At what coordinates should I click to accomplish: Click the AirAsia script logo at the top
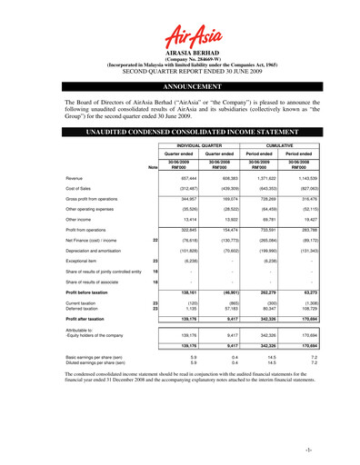point(180,37)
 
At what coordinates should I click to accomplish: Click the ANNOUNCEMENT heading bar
point(180,91)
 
